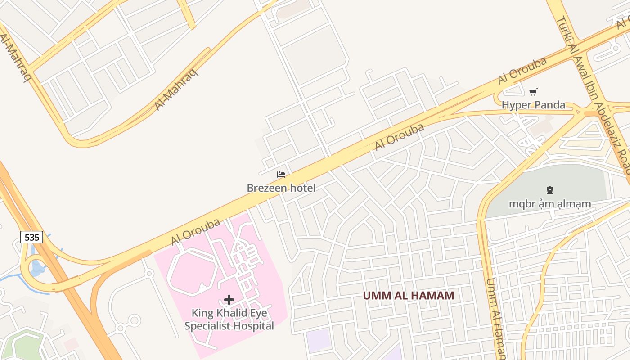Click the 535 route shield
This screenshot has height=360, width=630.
pyautogui.click(x=31, y=237)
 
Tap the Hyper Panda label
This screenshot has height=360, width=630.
pyautogui.click(x=534, y=105)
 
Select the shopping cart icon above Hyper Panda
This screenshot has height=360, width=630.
pyautogui.click(x=533, y=92)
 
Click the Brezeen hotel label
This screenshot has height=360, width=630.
pyautogui.click(x=281, y=188)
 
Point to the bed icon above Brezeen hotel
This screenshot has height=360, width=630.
pyautogui.click(x=281, y=175)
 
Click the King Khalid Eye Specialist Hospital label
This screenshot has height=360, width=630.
pyautogui.click(x=229, y=319)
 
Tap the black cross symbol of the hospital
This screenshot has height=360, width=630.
pyautogui.click(x=229, y=300)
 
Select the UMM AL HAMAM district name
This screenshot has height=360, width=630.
pyautogui.click(x=409, y=296)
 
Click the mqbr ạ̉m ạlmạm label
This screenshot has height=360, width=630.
pyautogui.click(x=550, y=204)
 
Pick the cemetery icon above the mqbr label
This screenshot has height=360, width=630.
pyautogui.click(x=549, y=190)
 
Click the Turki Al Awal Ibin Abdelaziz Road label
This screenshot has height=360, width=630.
pyautogui.click(x=594, y=94)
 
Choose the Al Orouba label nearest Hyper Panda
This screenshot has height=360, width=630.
pyautogui.click(x=522, y=71)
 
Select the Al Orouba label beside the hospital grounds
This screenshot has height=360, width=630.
pyautogui.click(x=196, y=232)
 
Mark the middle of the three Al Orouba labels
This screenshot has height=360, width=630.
pyautogui.click(x=400, y=137)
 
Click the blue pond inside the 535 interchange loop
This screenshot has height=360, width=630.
pyautogui.click(x=37, y=268)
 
